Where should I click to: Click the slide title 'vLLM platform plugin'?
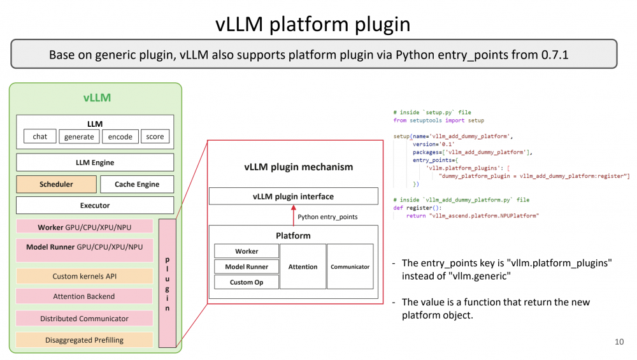312,24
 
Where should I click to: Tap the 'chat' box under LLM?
40,136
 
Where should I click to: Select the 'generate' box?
79,136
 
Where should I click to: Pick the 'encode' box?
120,136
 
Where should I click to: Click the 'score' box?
155,136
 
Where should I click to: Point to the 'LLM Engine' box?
94,162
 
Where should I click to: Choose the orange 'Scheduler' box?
56,184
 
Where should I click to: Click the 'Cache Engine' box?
137,184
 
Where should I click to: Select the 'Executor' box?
94,205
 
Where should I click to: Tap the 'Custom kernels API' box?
84,276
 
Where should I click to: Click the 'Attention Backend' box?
84,296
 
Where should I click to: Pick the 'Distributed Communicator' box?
84,318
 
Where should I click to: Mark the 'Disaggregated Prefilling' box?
84,340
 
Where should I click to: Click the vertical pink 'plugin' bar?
168,284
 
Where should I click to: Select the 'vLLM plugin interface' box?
293,196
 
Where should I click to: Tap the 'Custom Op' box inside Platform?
246,282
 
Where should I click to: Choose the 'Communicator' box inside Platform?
350,266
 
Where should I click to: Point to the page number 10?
619,342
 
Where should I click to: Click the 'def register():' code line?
417,208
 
